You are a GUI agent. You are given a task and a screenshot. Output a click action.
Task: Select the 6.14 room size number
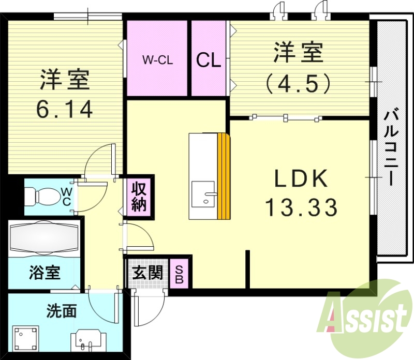(65, 109)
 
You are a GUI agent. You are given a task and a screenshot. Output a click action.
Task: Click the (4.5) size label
(298, 83)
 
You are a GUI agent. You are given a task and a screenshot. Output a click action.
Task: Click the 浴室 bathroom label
(44, 273)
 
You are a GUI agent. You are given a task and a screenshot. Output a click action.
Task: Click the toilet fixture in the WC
(41, 196)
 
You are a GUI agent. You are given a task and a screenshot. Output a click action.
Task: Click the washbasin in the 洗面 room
(87, 341)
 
